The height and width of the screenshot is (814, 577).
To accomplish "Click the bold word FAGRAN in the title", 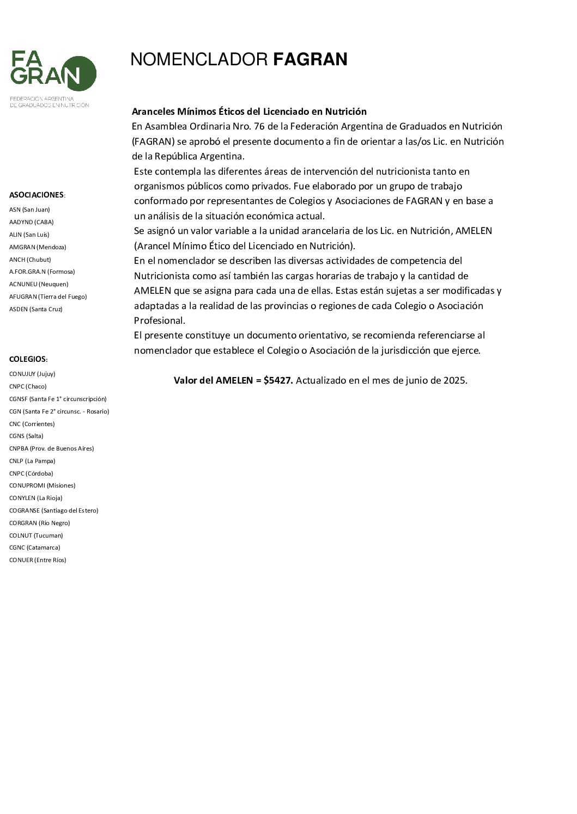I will (310, 59).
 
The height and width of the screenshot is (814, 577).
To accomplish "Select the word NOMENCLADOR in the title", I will (199, 59).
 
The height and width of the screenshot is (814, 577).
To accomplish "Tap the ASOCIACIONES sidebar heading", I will (37, 195).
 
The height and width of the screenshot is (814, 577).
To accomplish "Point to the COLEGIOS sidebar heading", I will (28, 359).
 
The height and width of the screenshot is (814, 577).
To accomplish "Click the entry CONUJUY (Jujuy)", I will (32, 374).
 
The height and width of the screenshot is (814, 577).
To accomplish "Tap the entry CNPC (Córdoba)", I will (31, 473).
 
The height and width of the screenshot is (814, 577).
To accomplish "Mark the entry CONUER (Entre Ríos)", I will (38, 560).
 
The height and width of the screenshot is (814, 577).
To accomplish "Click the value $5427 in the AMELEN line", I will (278, 380).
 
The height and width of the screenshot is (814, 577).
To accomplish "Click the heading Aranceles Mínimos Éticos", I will (249, 112).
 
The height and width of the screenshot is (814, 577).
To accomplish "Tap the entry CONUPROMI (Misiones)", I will (42, 485).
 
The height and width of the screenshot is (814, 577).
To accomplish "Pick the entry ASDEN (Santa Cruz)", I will (36, 309).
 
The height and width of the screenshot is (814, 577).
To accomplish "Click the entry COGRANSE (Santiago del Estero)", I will (53, 510).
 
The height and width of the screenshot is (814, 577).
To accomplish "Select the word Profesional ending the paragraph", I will (160, 320).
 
